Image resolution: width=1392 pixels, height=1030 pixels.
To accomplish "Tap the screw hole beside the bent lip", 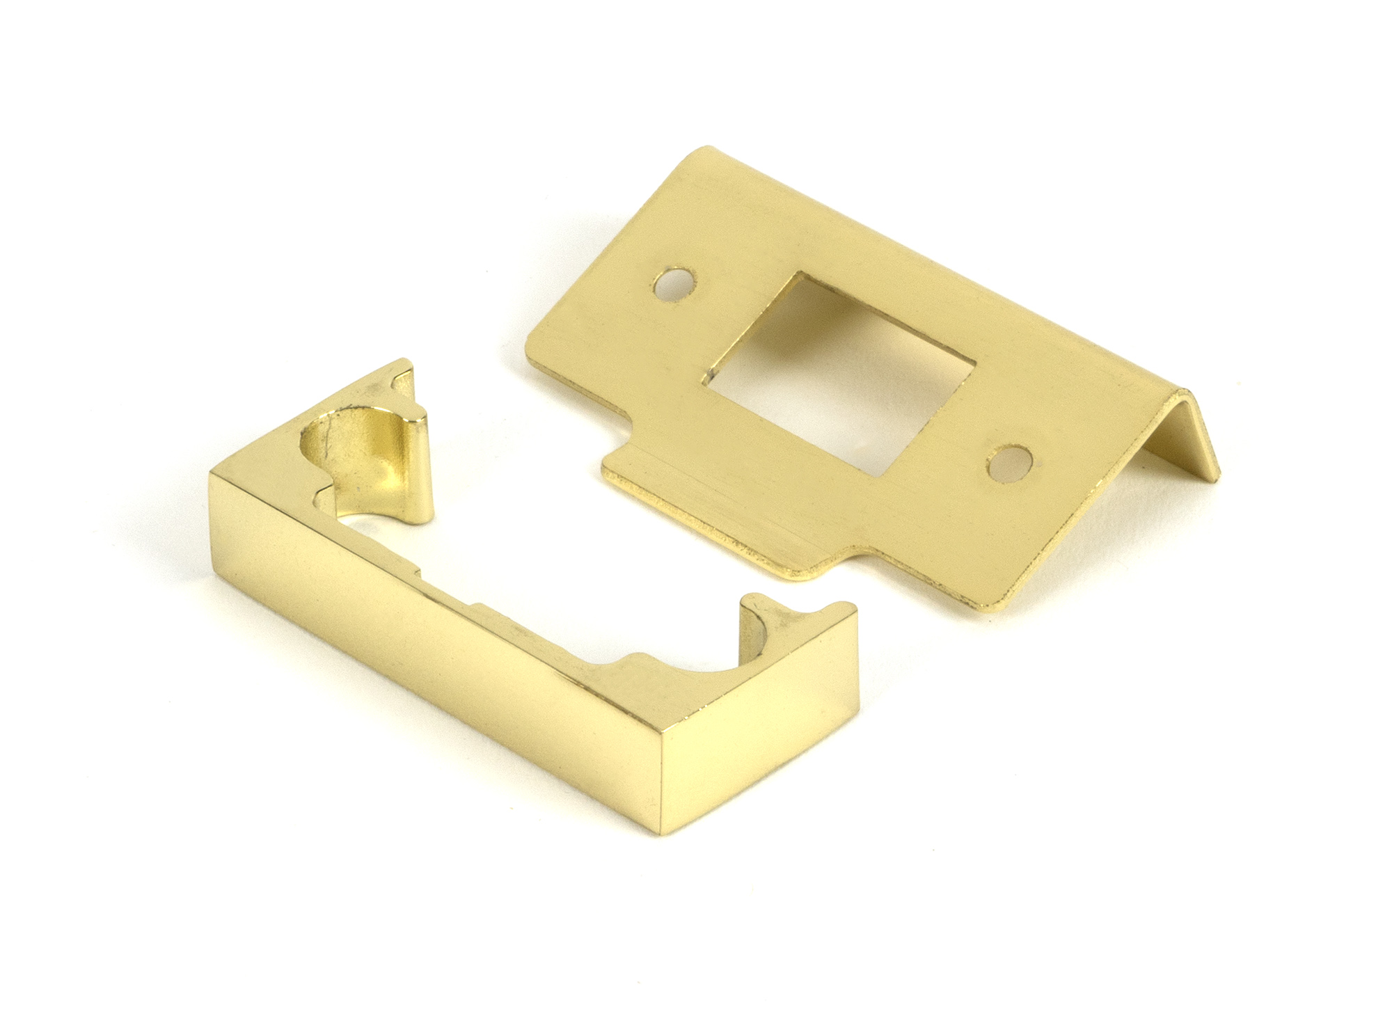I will pos(1009,463).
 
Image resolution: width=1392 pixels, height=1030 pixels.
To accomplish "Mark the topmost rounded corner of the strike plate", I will pos(709,149).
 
